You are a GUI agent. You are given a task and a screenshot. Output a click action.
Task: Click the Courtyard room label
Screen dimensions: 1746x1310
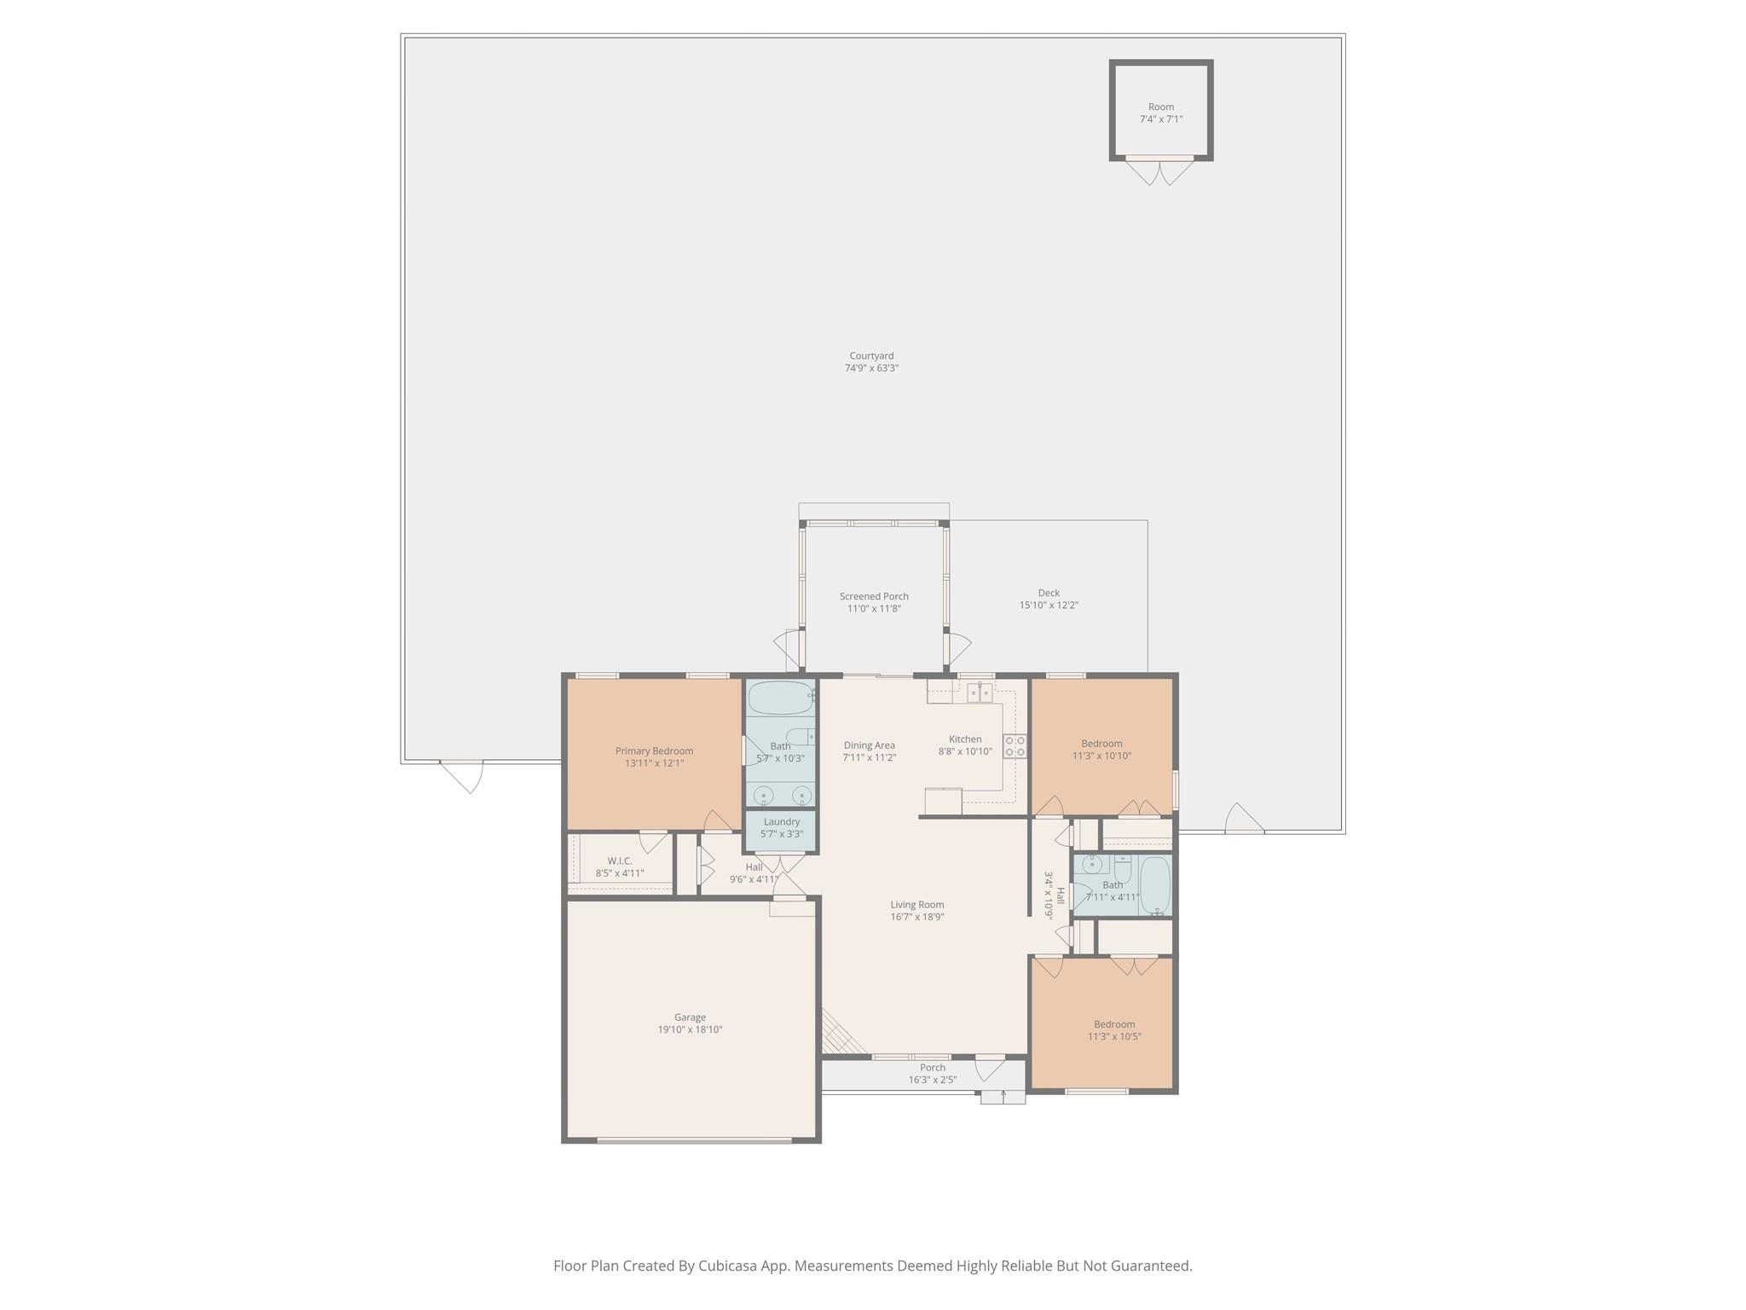click(x=871, y=356)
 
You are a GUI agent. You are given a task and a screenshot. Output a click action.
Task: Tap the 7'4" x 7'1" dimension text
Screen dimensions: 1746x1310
click(x=1161, y=119)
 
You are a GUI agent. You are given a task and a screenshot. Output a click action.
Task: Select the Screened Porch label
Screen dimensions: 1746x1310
click(x=874, y=596)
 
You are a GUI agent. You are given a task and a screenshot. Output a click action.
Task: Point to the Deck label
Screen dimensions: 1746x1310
click(x=1049, y=593)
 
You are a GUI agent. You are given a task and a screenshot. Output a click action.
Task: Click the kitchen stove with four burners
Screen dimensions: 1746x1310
click(x=1015, y=746)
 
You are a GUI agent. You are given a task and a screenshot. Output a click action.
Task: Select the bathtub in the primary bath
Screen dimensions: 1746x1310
click(x=781, y=698)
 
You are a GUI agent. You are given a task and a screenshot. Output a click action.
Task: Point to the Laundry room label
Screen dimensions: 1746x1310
click(x=782, y=821)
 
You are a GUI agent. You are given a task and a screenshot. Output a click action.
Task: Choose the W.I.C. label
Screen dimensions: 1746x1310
click(x=620, y=861)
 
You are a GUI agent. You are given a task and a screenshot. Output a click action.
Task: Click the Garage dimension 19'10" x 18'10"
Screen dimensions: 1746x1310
click(x=690, y=1029)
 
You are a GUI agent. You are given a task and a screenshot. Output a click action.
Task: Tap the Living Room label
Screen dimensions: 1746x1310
click(x=917, y=905)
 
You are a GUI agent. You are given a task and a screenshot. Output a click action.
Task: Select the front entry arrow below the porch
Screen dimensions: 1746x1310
click(x=1003, y=1093)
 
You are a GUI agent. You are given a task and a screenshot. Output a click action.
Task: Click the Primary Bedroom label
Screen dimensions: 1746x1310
click(x=655, y=751)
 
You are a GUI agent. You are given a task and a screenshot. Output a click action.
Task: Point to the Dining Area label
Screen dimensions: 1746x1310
click(x=870, y=745)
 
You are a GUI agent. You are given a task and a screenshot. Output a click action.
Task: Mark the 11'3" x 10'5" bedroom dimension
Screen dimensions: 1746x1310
click(x=1114, y=1036)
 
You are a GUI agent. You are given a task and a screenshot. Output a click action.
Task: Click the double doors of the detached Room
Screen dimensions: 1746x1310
click(x=1160, y=171)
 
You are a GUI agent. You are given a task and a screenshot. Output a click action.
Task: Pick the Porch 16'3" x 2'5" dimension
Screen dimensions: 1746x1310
click(x=933, y=1080)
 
